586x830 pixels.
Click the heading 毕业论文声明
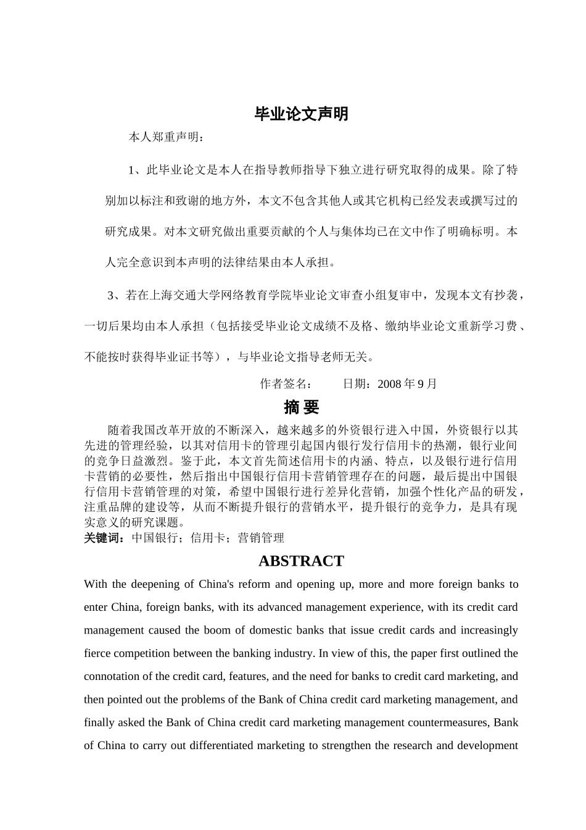coord(301,114)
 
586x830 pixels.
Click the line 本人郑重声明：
coord(165,138)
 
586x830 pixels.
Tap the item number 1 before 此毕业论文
coord(131,170)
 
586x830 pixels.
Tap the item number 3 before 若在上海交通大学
coord(112,296)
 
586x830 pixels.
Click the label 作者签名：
coord(286,384)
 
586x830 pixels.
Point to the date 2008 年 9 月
coord(407,384)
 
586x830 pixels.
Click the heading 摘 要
coord(301,407)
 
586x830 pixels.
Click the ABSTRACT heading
coord(301,561)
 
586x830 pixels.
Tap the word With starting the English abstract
coord(95,584)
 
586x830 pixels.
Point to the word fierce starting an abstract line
coord(96,653)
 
